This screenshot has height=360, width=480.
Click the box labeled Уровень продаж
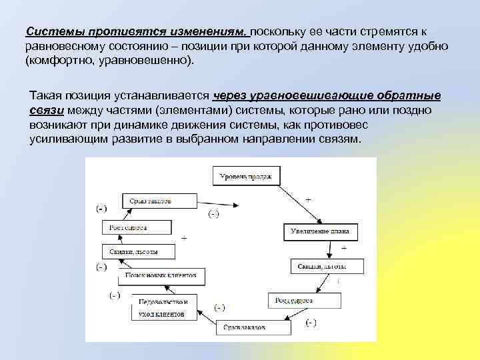tap(246, 177)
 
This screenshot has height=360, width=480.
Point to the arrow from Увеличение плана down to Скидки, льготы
tap(330, 250)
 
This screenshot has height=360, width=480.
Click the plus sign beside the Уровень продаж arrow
tap(307, 199)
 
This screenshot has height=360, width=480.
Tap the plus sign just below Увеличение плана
tap(343, 247)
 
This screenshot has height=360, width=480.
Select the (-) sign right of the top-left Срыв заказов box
tap(214, 213)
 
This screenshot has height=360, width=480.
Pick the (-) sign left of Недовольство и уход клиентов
tap(115, 295)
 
